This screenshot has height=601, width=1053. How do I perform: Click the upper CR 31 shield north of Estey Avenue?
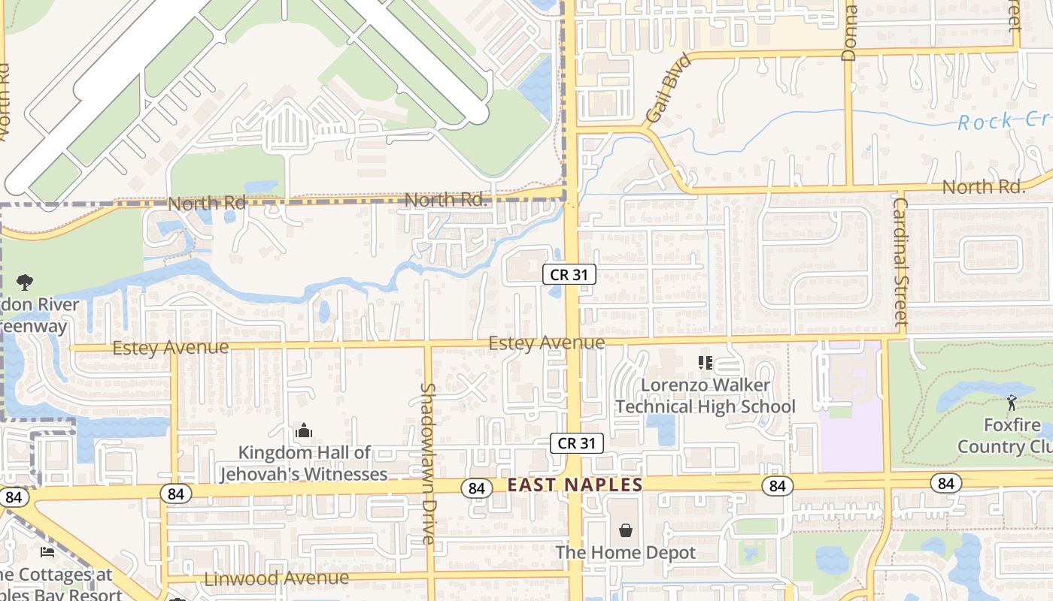tap(569, 275)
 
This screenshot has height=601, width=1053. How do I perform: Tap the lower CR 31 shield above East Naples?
tap(577, 443)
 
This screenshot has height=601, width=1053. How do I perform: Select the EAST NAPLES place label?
tap(575, 485)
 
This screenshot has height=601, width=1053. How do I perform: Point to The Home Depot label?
tap(626, 553)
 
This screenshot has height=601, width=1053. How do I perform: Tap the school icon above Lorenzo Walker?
tap(705, 364)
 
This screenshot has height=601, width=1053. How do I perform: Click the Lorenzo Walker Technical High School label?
tap(705, 396)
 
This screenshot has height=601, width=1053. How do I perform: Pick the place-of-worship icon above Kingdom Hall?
tap(304, 431)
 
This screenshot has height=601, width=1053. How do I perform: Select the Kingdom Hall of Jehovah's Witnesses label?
tap(304, 463)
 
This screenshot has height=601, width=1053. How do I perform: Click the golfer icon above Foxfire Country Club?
tap(1012, 403)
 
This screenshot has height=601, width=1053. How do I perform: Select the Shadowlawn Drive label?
tap(427, 464)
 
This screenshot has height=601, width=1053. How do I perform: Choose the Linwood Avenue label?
tap(276, 578)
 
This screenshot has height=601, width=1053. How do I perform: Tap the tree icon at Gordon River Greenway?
tap(24, 282)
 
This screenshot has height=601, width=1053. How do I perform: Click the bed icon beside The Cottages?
tap(47, 553)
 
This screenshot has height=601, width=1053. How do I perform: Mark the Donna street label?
tap(849, 34)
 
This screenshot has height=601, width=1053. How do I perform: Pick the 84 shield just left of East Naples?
tap(476, 488)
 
